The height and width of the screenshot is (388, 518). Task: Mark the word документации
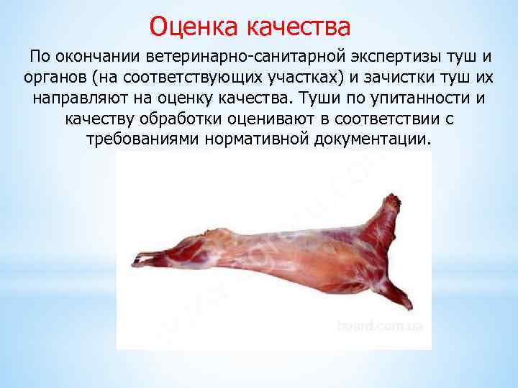point(373,139)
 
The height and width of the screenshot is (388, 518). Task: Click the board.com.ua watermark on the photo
point(379,325)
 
